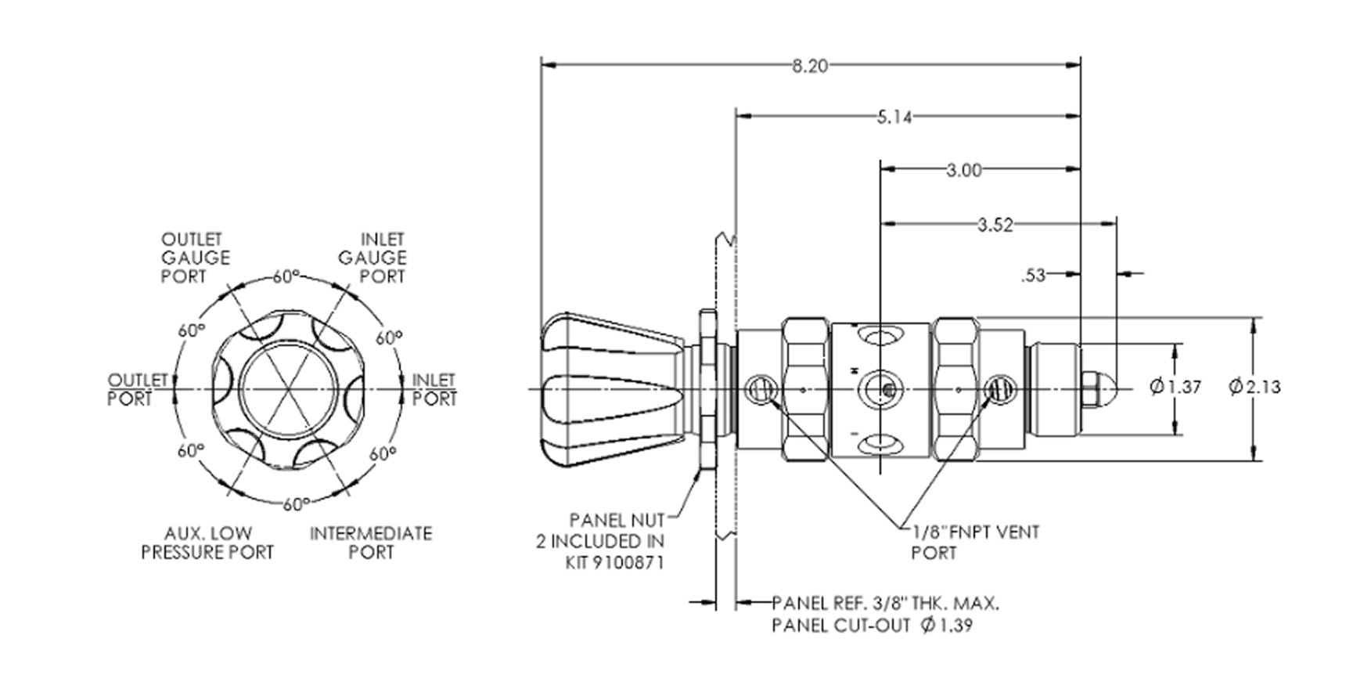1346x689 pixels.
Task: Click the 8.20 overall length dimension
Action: tap(809, 66)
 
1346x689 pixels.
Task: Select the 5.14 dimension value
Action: tap(894, 117)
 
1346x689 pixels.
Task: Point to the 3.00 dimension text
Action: tap(963, 170)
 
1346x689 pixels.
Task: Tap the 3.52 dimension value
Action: tap(995, 225)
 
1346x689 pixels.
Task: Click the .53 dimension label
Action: tap(1033, 276)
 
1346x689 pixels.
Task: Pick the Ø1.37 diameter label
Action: tap(1175, 387)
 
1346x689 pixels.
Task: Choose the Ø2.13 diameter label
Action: tap(1254, 387)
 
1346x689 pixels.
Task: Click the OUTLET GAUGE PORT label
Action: tap(196, 258)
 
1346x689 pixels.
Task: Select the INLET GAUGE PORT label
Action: tap(372, 258)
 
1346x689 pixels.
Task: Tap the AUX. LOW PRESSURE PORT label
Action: tap(207, 543)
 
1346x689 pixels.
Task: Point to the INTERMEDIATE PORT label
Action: tap(371, 543)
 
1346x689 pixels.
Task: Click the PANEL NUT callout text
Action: tap(617, 520)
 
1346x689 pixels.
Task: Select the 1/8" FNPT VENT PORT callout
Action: tap(975, 542)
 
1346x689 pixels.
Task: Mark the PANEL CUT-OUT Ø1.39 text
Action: tap(873, 626)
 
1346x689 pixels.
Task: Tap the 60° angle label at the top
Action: tap(286, 276)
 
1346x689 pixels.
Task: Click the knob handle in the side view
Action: tap(611, 389)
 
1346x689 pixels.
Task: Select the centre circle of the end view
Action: tap(290, 389)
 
